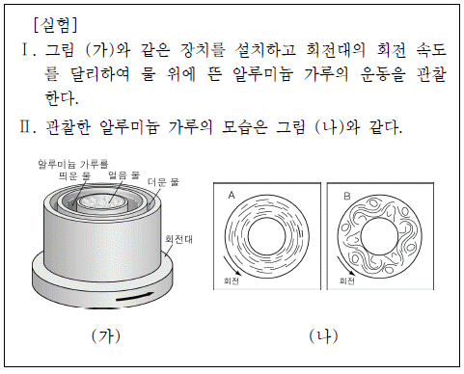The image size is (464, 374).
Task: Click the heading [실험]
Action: (56, 25)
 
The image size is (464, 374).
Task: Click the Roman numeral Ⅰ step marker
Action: (27, 50)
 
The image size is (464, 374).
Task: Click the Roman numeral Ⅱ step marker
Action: (27, 127)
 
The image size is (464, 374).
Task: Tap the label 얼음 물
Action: (123, 175)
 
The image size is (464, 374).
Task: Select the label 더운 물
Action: (163, 182)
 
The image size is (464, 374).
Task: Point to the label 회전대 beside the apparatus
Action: (178, 239)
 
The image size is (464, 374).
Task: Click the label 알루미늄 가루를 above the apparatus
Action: (73, 164)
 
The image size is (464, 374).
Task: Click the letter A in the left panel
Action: (232, 195)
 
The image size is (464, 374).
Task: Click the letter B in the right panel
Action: (347, 196)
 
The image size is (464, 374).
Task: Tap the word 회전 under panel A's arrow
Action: (232, 280)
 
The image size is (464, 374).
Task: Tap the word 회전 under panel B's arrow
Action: (347, 280)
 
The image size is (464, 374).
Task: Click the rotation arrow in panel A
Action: (232, 265)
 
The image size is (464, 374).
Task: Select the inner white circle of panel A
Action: (267, 237)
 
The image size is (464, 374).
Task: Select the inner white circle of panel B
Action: (379, 236)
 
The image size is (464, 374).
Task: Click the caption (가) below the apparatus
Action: (106, 336)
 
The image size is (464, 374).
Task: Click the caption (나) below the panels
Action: (323, 336)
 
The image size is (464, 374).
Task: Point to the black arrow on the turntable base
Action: (135, 297)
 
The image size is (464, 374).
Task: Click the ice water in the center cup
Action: (102, 201)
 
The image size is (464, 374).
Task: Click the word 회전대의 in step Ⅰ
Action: (336, 50)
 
